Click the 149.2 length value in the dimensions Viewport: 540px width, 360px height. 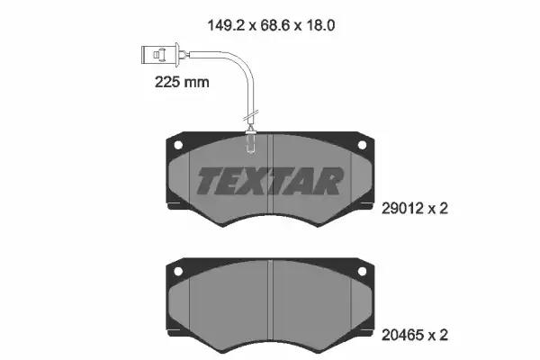(x=225, y=25)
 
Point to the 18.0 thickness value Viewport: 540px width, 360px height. (x=320, y=25)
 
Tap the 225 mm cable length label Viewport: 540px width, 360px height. (x=182, y=82)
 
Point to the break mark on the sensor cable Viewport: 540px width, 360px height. (x=250, y=116)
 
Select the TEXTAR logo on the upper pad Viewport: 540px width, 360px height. (x=270, y=181)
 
